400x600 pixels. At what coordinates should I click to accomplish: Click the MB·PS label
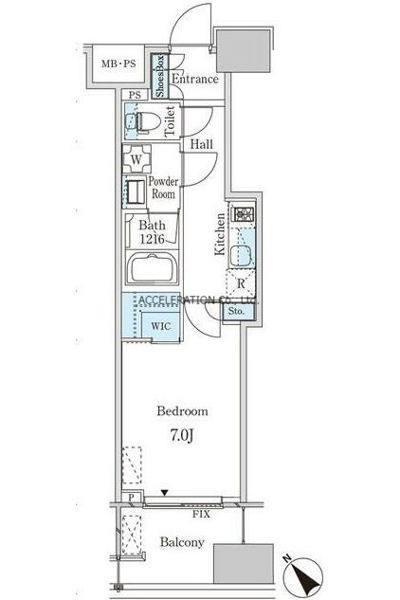click(x=118, y=64)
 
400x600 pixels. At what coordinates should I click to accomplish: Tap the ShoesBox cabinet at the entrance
click(x=160, y=76)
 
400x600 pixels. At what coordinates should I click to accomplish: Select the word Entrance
click(x=195, y=79)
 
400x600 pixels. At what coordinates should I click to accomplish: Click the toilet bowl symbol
click(x=148, y=122)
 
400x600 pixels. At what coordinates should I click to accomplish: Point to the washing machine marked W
click(x=136, y=159)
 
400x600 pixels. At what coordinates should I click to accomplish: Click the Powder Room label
click(x=163, y=188)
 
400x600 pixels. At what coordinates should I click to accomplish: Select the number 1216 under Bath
click(x=152, y=239)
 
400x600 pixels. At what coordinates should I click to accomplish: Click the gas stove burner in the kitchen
click(x=243, y=214)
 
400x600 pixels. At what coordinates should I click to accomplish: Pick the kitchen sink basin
click(x=241, y=254)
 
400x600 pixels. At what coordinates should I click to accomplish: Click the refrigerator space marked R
click(x=241, y=283)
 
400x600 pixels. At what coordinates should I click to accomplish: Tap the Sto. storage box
click(x=238, y=312)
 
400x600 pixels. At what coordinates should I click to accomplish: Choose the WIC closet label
click(x=161, y=326)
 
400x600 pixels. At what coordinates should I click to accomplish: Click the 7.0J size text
click(x=181, y=435)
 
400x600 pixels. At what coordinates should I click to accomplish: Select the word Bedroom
click(x=183, y=411)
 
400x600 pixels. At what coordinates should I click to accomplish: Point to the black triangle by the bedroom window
click(x=165, y=493)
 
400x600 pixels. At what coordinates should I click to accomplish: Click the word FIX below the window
click(x=201, y=515)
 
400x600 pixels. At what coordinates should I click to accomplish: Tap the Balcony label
click(x=182, y=542)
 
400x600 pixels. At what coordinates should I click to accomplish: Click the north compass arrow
click(x=306, y=575)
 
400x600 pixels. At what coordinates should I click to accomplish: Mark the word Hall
click(x=202, y=144)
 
